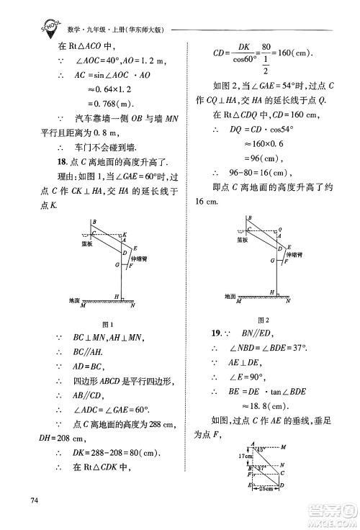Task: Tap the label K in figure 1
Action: click(x=125, y=235)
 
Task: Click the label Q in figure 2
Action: click(x=279, y=230)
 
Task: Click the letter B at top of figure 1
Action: click(x=93, y=222)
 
